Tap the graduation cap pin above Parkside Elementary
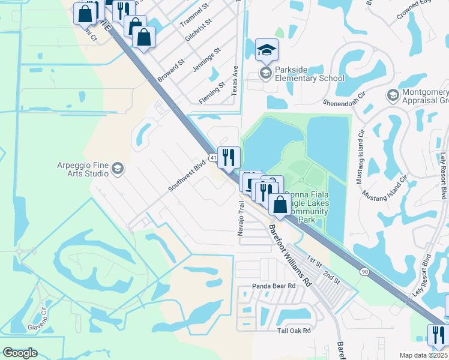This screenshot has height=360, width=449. (267, 50)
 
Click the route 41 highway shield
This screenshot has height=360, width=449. (214, 157)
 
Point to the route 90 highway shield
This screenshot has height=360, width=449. (364, 271)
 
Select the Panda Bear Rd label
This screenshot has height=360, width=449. (274, 286)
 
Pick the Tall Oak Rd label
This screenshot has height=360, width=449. (294, 331)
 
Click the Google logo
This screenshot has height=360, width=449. (20, 353)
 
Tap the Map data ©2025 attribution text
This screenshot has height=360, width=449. (423, 355)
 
